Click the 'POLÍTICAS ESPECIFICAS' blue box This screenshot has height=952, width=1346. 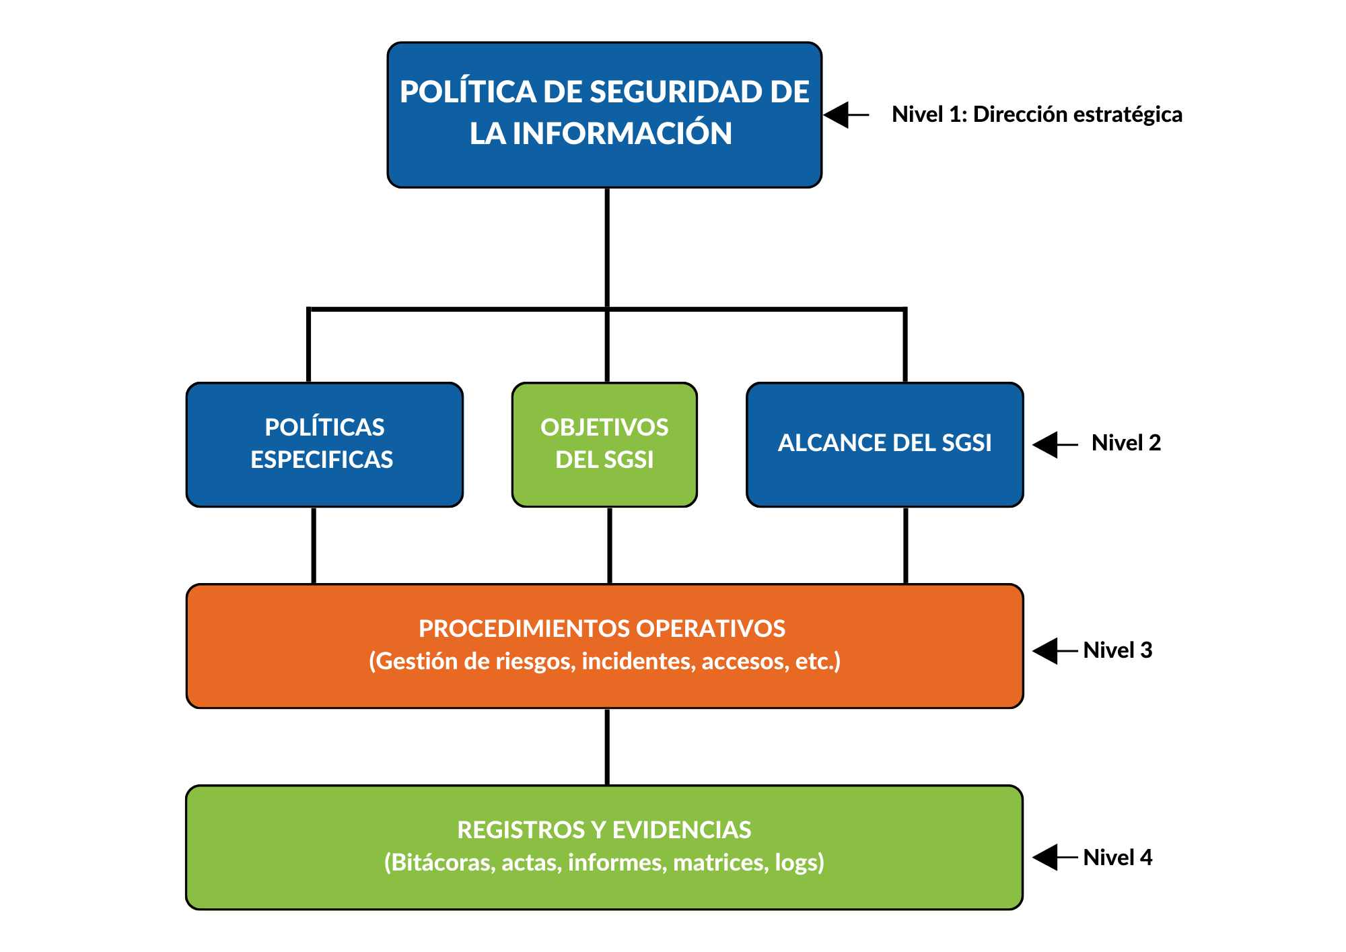coord(324,444)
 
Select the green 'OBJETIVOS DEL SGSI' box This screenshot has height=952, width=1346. coord(604,444)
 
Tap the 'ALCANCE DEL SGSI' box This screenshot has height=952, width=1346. coord(885,444)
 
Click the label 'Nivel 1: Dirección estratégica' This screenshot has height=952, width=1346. coord(1036,114)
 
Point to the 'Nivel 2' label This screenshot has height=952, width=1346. coord(1126,443)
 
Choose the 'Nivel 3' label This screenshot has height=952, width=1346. coord(1118,650)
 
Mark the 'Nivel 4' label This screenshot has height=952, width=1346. coord(1118,858)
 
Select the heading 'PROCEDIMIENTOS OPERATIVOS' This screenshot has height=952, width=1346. coord(602,629)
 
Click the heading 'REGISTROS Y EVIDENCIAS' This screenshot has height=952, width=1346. coord(604,830)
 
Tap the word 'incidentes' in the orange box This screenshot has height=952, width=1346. coord(637,662)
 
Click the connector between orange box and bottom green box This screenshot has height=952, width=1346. coord(607,747)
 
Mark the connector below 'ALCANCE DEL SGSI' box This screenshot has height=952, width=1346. coord(905,545)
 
